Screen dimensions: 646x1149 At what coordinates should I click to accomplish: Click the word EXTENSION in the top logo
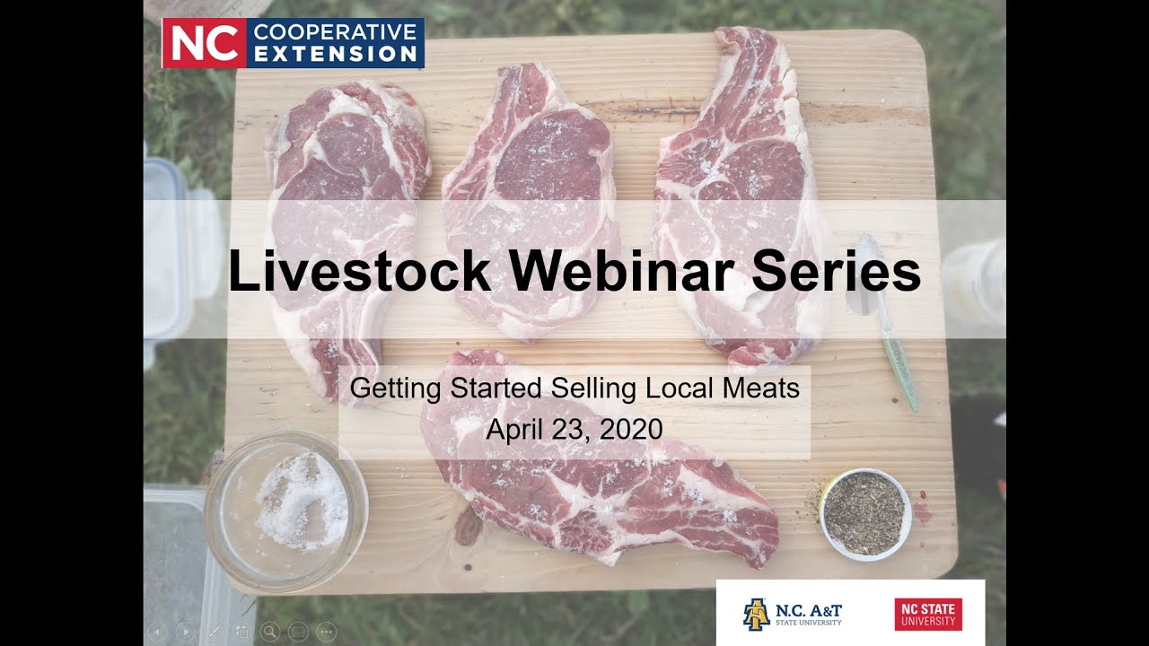pyautogui.click(x=336, y=54)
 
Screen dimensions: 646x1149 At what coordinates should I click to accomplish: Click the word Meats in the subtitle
pyautogui.click(x=760, y=388)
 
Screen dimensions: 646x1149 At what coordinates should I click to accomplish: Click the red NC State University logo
pyautogui.click(x=928, y=614)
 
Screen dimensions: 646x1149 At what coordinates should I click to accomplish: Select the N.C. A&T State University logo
pyautogui.click(x=793, y=614)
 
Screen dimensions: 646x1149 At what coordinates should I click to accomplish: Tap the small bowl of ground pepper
pyautogui.click(x=865, y=513)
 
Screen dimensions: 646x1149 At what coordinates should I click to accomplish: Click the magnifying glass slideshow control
pyautogui.click(x=269, y=632)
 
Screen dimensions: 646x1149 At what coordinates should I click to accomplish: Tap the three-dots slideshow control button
pyautogui.click(x=327, y=632)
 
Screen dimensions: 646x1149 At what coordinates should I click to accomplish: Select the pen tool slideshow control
pyautogui.click(x=213, y=632)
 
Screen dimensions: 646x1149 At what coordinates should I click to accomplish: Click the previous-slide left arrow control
pyautogui.click(x=156, y=632)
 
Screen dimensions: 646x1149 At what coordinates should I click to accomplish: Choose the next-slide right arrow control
pyautogui.click(x=185, y=632)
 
